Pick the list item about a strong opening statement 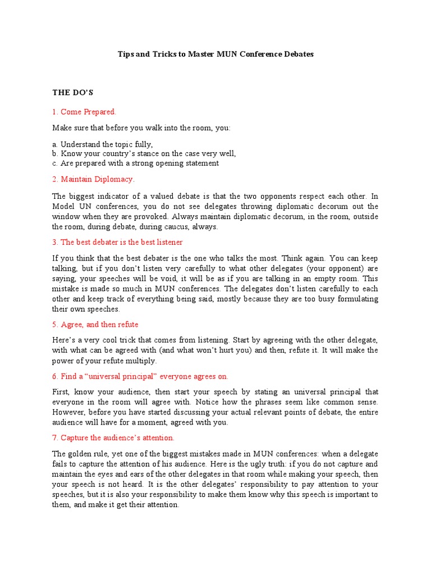[x=136, y=163]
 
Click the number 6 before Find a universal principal [x=54, y=376]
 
